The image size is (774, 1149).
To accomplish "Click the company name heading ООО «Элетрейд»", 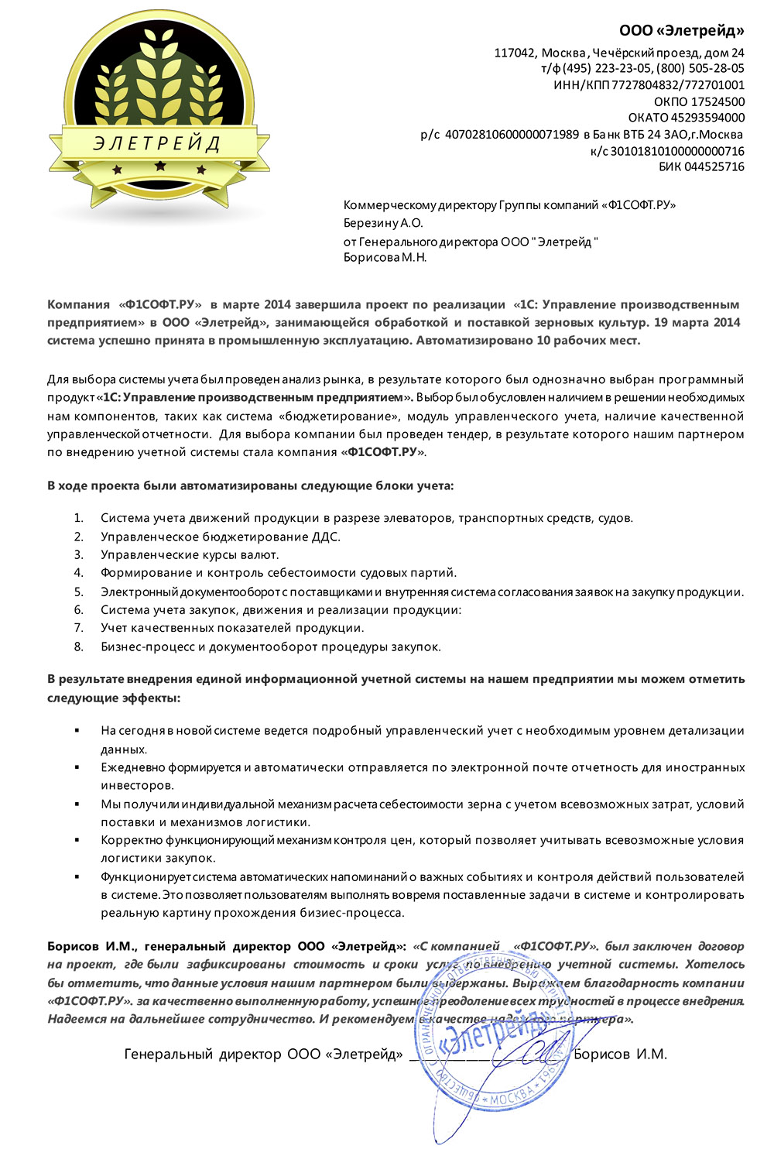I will click(x=681, y=31).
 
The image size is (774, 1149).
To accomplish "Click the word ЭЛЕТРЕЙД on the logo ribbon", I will click(x=157, y=143).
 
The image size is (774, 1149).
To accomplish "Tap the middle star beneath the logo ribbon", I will click(x=160, y=166).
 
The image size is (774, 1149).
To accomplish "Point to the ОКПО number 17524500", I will click(x=717, y=101).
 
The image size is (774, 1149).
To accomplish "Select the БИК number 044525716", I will click(x=713, y=166).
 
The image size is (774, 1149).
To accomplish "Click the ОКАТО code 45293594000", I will click(x=707, y=118).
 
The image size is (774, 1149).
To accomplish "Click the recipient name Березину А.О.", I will click(x=383, y=223).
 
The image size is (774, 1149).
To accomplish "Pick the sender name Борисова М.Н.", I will click(x=385, y=257).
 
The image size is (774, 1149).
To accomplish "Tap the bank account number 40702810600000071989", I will click(x=512, y=135).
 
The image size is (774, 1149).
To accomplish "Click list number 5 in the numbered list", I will click(x=78, y=592).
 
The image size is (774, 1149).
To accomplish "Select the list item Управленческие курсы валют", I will click(x=190, y=554).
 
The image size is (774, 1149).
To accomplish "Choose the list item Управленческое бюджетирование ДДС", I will click(x=221, y=537).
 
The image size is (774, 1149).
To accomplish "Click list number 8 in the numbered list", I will click(x=78, y=647).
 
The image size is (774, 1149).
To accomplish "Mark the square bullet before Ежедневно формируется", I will click(x=77, y=767).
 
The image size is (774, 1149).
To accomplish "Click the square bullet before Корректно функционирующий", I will click(x=77, y=840).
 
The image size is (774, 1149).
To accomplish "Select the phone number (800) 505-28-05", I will click(x=700, y=68).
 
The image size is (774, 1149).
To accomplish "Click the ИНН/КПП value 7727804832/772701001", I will click(x=678, y=85).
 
